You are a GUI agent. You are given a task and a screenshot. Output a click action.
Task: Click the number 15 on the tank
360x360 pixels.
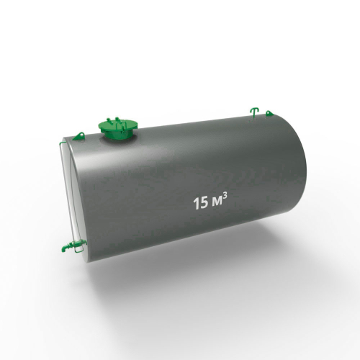tap(201, 203)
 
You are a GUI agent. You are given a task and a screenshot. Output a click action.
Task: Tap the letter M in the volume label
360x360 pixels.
tap(217, 203)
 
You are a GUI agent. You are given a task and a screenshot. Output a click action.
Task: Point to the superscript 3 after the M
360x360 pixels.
tap(225, 197)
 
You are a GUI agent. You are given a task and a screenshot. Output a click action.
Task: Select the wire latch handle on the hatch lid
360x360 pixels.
tap(120, 127)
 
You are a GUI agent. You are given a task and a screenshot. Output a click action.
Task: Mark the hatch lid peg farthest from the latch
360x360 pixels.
tap(109, 120)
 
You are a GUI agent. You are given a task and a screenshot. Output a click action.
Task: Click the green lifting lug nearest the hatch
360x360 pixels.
tap(78, 136)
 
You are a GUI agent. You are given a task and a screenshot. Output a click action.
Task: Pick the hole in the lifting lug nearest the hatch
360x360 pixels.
tap(81, 135)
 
